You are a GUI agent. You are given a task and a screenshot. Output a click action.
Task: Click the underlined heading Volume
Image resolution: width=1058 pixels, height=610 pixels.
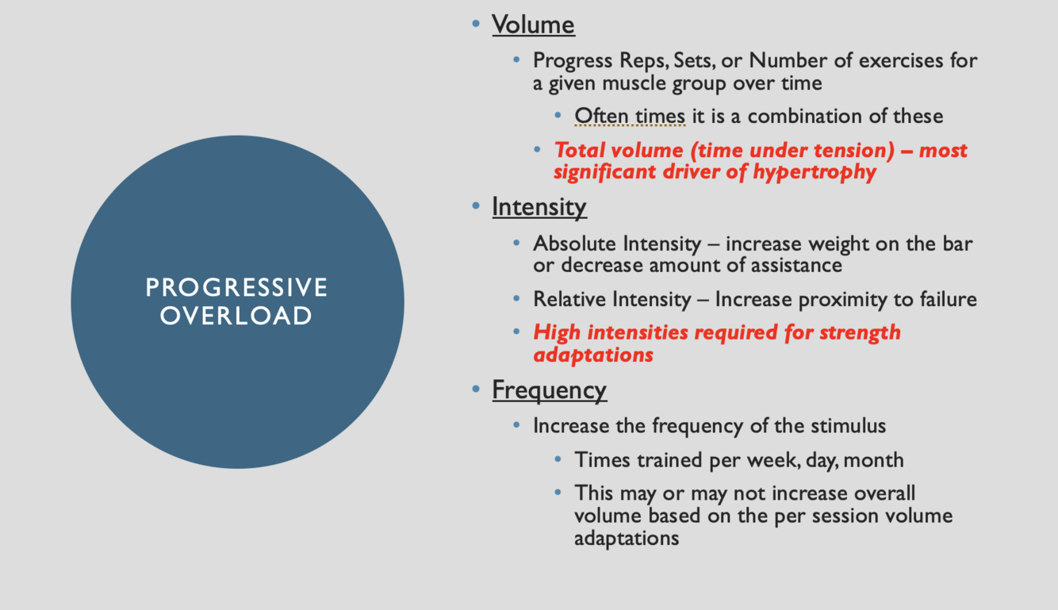pyautogui.click(x=533, y=25)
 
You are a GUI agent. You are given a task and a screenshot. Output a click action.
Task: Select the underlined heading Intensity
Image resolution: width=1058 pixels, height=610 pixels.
pyautogui.click(x=539, y=207)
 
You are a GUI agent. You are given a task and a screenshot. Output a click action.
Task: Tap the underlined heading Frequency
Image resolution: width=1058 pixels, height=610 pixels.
pyautogui.click(x=549, y=390)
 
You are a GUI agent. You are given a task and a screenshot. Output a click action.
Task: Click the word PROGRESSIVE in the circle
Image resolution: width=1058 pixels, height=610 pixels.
pyautogui.click(x=237, y=287)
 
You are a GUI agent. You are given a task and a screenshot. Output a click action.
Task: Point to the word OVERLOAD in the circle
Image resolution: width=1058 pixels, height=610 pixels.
pyautogui.click(x=237, y=316)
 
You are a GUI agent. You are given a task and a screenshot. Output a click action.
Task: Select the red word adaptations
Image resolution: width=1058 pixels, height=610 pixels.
pyautogui.click(x=593, y=355)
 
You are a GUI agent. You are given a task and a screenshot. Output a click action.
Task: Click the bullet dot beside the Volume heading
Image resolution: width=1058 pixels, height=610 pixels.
pyautogui.click(x=476, y=24)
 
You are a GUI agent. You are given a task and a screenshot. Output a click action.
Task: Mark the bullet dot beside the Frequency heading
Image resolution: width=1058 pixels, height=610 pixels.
pyautogui.click(x=476, y=389)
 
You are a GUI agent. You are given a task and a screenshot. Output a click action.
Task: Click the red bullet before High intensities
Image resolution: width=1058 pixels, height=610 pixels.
pyautogui.click(x=518, y=332)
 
